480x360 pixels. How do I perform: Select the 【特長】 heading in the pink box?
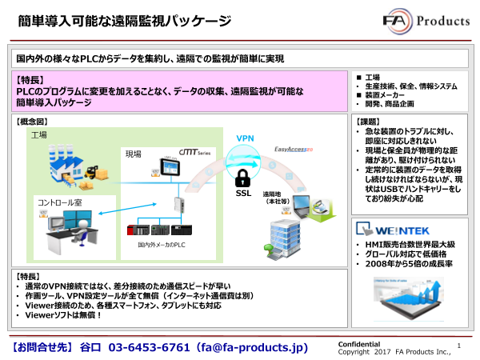point(31,81)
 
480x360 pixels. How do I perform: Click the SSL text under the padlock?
point(243,193)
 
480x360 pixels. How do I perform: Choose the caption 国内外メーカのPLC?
point(161,244)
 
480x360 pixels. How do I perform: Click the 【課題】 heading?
point(368,122)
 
